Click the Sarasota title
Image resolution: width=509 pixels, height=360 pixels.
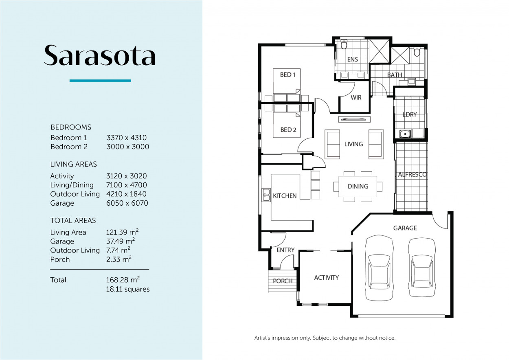point(100,55)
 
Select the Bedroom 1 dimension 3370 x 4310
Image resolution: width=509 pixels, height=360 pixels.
point(126,138)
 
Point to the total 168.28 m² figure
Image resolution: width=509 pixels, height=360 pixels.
point(123,280)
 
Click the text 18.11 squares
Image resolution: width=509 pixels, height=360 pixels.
point(127,289)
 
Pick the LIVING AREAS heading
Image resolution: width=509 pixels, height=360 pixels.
point(73,164)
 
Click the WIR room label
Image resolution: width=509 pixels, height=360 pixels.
point(356,98)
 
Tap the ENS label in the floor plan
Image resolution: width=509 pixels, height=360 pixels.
point(352,59)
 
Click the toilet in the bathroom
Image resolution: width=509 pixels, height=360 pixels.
point(417,52)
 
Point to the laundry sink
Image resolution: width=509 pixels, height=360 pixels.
point(404,133)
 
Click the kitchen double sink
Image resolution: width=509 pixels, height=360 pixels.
point(266,195)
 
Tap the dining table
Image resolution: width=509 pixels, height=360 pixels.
point(358,187)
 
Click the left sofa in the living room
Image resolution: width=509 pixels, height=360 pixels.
point(333,144)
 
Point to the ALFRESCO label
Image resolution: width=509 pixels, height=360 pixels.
point(412,175)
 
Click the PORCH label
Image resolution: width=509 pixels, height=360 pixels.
point(283,281)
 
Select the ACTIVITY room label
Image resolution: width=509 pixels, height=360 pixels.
point(326,278)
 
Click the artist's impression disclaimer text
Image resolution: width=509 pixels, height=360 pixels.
point(325,338)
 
